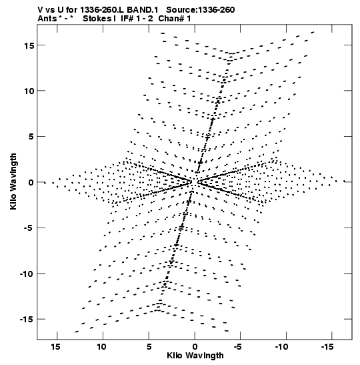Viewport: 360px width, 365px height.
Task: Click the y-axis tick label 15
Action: (x=29, y=45)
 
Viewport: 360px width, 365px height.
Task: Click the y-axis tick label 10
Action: (x=29, y=91)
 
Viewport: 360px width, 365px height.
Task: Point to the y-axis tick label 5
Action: (x=31, y=137)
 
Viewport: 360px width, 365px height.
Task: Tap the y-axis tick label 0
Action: (x=31, y=183)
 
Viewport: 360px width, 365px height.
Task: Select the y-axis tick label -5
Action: (x=29, y=228)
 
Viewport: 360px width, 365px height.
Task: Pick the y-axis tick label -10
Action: (x=27, y=274)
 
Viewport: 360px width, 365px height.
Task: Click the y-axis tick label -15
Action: (x=27, y=320)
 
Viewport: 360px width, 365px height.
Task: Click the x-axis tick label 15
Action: (x=55, y=347)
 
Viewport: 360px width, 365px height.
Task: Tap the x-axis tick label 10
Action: (x=101, y=347)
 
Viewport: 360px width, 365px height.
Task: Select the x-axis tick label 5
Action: (x=149, y=347)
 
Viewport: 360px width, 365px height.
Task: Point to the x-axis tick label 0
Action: (x=195, y=347)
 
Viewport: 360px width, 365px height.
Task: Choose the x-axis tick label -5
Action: (x=238, y=347)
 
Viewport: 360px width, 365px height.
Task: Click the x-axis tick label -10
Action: (x=281, y=347)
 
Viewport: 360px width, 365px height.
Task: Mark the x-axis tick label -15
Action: (x=327, y=347)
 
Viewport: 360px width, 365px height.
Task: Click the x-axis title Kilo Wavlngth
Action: (x=195, y=356)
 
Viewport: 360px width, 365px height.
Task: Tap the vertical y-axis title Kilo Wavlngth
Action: (x=13, y=181)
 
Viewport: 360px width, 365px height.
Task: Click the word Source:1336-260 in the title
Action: (x=201, y=10)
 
